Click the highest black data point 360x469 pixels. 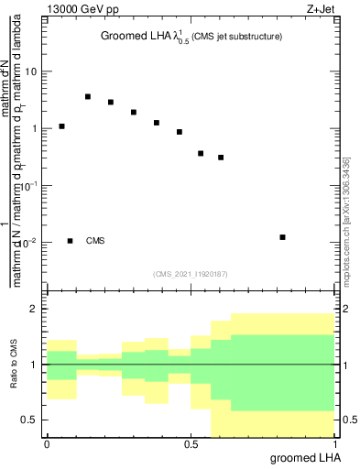88,96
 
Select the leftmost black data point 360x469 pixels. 61,126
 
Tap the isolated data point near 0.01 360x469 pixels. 282,237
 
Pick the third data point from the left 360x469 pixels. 111,103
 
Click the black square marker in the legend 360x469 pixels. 70,241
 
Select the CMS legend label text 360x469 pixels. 95,241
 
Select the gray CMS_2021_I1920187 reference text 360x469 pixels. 190,273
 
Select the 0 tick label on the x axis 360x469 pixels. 47,444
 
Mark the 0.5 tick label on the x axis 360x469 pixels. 191,444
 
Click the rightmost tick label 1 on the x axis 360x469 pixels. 334,444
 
